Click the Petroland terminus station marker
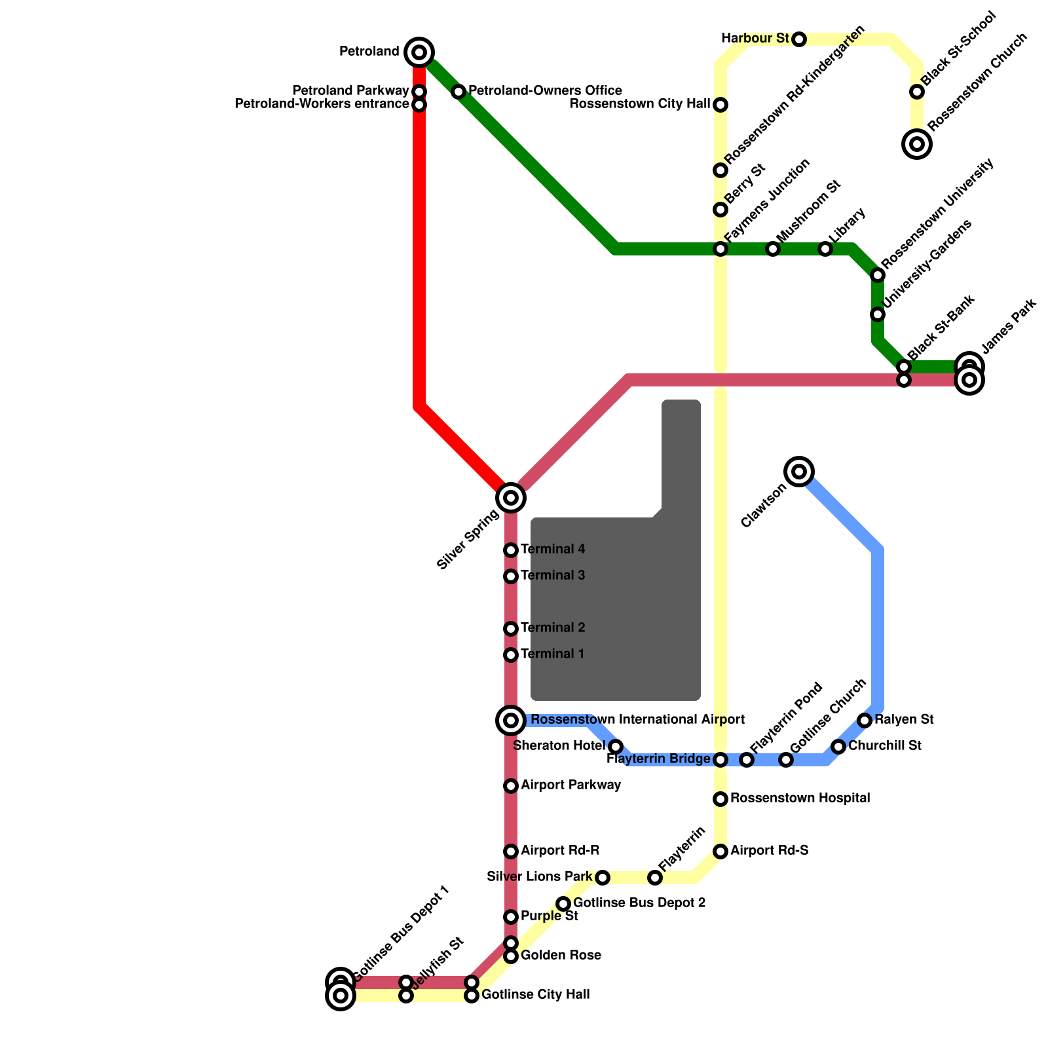(x=419, y=52)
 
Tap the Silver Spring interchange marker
(x=511, y=498)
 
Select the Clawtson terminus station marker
(x=798, y=471)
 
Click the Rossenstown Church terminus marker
(x=917, y=143)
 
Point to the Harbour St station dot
(x=798, y=39)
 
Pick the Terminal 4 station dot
(x=511, y=550)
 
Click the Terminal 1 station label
(x=552, y=654)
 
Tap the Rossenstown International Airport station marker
(x=511, y=720)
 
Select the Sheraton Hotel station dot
(x=616, y=747)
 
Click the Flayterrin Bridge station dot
(x=720, y=760)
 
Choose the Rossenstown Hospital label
(x=800, y=798)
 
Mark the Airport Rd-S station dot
(x=720, y=851)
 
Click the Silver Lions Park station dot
(x=603, y=878)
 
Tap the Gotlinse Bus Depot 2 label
(x=639, y=903)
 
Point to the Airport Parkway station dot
(x=511, y=786)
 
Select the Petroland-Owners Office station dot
(x=458, y=92)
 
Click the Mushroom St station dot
(x=773, y=249)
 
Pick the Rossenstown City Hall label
(x=640, y=103)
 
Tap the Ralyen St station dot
(x=865, y=720)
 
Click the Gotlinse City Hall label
(x=535, y=994)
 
